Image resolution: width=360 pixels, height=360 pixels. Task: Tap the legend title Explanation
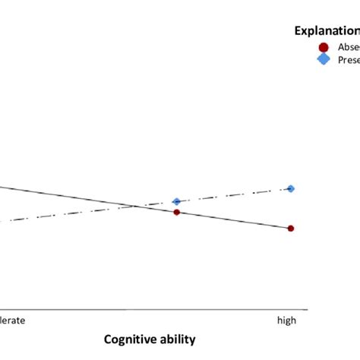[327, 31]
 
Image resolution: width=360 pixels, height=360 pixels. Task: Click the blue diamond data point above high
[291, 188]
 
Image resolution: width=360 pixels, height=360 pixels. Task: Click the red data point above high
[291, 228]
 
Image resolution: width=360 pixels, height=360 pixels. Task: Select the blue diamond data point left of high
[177, 201]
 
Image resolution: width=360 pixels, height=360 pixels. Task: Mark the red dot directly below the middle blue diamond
[177, 212]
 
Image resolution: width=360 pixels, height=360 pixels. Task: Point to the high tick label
[286, 321]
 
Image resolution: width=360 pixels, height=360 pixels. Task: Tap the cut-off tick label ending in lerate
[13, 321]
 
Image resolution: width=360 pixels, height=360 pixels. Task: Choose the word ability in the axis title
[178, 339]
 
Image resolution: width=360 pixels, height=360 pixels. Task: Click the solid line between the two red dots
[234, 220]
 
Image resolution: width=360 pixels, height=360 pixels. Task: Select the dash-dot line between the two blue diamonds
[234, 195]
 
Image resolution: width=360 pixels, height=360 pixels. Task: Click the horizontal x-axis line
[152, 310]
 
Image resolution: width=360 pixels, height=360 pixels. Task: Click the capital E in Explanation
[298, 31]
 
